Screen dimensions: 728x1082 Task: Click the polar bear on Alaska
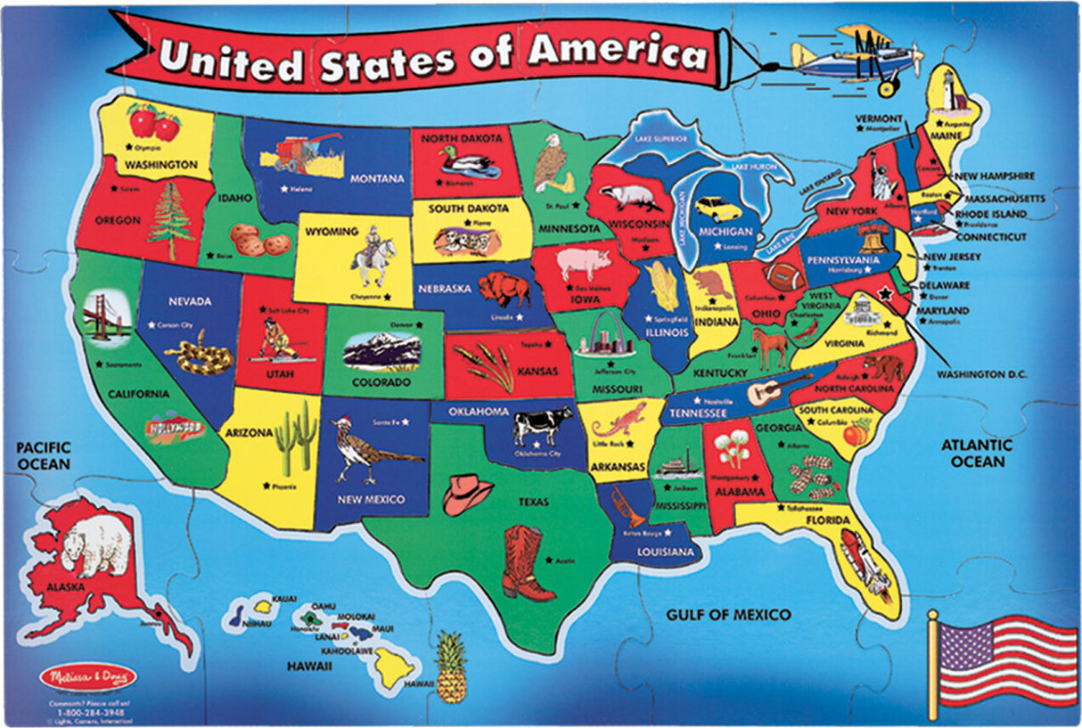point(95,543)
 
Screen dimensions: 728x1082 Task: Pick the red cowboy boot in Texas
point(527,562)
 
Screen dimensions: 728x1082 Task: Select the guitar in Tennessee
point(779,389)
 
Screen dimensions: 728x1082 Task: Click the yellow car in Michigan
point(717,209)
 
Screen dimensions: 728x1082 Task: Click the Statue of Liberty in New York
point(885,177)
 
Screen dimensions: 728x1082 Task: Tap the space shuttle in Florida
point(865,562)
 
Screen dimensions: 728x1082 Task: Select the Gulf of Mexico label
point(728,615)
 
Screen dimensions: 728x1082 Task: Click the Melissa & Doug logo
point(88,676)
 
